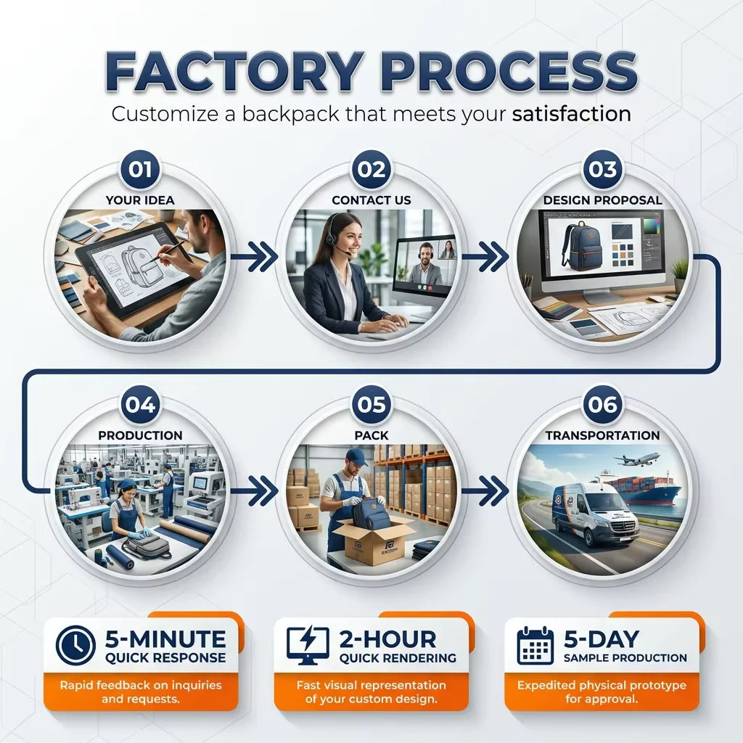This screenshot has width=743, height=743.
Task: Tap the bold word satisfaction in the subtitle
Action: [572, 114]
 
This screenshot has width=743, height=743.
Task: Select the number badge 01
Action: [140, 169]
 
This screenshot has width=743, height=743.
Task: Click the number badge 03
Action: [602, 169]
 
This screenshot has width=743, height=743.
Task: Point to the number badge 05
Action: [371, 404]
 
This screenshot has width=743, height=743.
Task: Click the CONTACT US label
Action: [371, 200]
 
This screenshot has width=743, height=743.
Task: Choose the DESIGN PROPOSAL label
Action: [602, 200]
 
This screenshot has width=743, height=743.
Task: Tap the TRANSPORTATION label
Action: [602, 435]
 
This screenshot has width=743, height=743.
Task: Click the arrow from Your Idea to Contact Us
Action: [255, 257]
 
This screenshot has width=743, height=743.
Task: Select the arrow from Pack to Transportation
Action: [485, 491]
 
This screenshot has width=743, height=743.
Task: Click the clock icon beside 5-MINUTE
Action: [75, 645]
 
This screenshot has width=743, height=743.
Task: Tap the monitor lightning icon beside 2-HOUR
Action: [308, 645]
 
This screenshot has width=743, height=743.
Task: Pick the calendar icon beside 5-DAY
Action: [535, 645]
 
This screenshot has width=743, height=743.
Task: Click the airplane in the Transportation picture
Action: [637, 459]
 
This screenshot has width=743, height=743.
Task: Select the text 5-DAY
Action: [602, 639]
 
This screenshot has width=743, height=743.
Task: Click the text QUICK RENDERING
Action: [398, 657]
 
